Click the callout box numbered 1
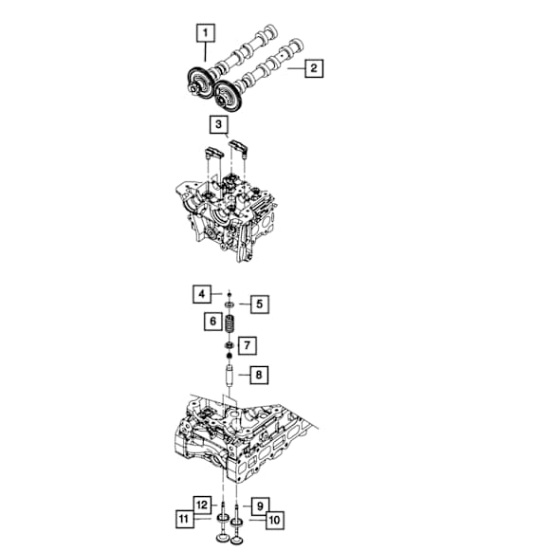(206, 33)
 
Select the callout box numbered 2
(314, 68)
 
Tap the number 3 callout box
(218, 124)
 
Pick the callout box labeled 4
(202, 294)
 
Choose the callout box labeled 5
(260, 304)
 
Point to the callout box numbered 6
(213, 322)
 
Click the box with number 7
(248, 345)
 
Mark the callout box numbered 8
(259, 375)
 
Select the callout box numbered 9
(260, 506)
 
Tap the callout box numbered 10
(275, 521)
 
